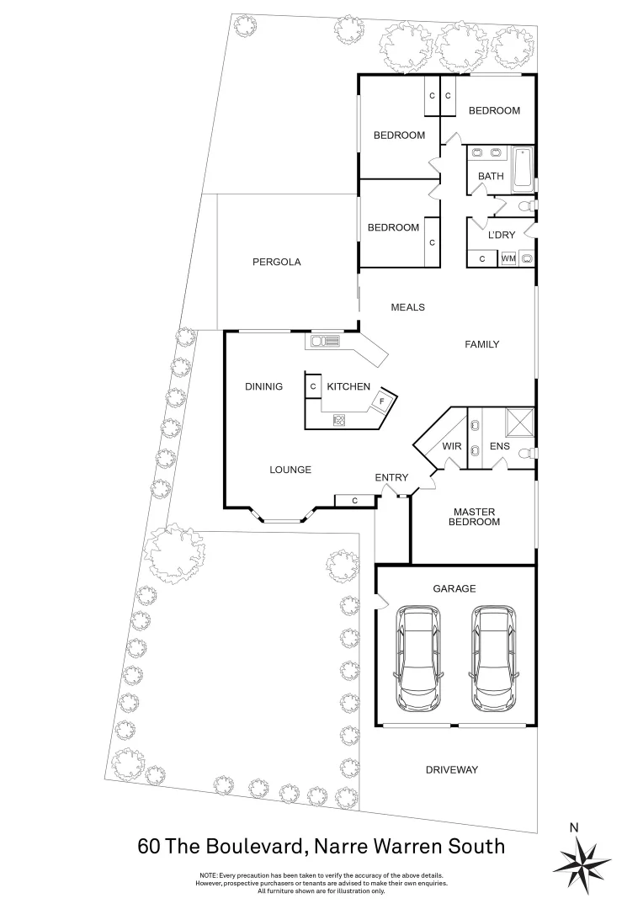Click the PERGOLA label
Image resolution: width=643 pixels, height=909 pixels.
click(276, 262)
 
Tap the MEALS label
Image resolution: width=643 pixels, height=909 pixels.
click(407, 307)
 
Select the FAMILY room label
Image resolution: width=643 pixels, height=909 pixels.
click(482, 344)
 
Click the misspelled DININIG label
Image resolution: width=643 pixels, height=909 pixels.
click(263, 386)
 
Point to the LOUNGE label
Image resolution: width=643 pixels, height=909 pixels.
click(290, 470)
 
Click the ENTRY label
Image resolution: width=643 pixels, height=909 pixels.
click(391, 478)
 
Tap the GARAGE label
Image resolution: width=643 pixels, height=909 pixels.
click(454, 589)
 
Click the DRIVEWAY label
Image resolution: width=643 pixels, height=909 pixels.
click(451, 770)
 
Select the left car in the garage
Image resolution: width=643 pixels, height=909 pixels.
click(419, 657)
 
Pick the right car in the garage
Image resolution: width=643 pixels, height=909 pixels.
click(493, 657)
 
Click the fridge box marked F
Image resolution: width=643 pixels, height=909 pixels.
click(382, 401)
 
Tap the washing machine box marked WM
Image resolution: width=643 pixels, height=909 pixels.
click(507, 258)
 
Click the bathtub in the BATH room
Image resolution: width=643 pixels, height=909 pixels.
click(522, 167)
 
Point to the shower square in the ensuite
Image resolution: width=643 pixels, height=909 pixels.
click(519, 421)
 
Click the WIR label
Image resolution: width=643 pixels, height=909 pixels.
click(451, 446)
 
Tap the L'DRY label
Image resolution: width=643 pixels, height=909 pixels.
click(501, 235)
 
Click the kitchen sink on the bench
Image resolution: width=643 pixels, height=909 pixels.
click(325, 341)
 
